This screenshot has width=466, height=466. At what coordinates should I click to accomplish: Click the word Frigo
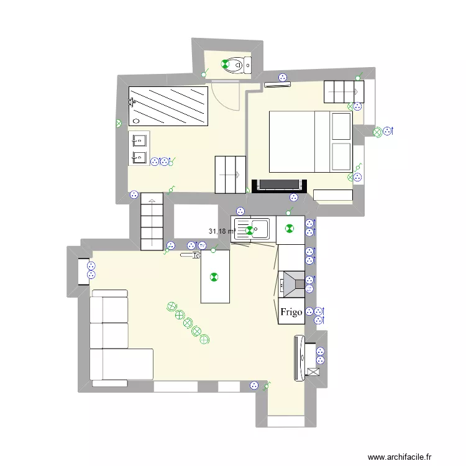[x=291, y=312]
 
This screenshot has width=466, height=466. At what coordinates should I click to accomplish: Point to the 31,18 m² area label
[x=222, y=231]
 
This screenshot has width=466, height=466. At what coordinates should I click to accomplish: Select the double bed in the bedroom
[x=310, y=142]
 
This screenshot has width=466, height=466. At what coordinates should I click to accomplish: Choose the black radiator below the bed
[x=280, y=185]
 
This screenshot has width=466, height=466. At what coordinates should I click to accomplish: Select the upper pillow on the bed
[x=340, y=126]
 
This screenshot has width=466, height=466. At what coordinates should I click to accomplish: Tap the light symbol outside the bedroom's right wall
[x=377, y=132]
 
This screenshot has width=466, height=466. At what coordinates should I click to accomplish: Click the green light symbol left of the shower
[x=118, y=124]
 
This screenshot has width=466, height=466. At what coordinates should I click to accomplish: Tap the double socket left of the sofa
[x=91, y=270]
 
